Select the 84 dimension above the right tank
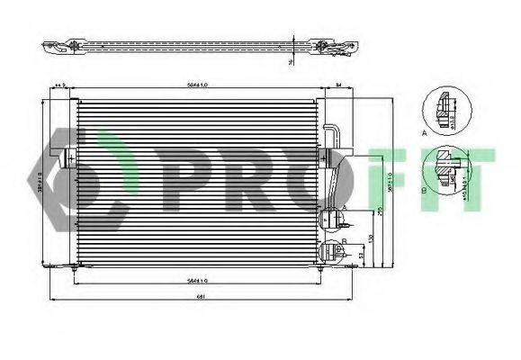338,85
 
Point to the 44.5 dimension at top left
60,85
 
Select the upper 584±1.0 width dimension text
199,85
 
